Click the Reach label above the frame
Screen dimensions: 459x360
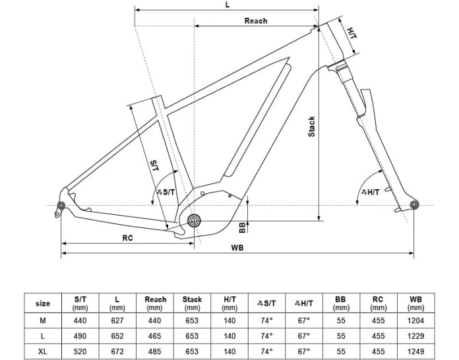pos(256,21)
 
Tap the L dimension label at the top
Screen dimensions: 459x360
pos(228,5)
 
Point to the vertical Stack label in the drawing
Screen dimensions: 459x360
pos(311,127)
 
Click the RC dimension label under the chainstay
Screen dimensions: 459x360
pos(128,238)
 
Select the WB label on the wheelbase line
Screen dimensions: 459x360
pos(237,248)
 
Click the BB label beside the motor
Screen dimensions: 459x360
pos(242,227)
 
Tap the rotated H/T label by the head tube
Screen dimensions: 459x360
pos(352,33)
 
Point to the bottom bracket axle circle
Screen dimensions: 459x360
pos(194,220)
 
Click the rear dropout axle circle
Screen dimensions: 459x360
pos(61,205)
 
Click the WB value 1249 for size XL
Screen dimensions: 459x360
pos(415,351)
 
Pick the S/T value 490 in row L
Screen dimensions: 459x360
pos(80,336)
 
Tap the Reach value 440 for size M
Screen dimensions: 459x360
pos(154,320)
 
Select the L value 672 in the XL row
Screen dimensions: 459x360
pos(117,351)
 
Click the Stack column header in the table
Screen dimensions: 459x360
pos(192,303)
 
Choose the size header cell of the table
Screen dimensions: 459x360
pos(43,303)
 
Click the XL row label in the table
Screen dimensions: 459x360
pos(43,351)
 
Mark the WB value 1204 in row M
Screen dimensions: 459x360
pos(415,320)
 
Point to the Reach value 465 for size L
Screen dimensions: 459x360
pos(154,336)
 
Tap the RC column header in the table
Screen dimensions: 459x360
pos(378,303)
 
